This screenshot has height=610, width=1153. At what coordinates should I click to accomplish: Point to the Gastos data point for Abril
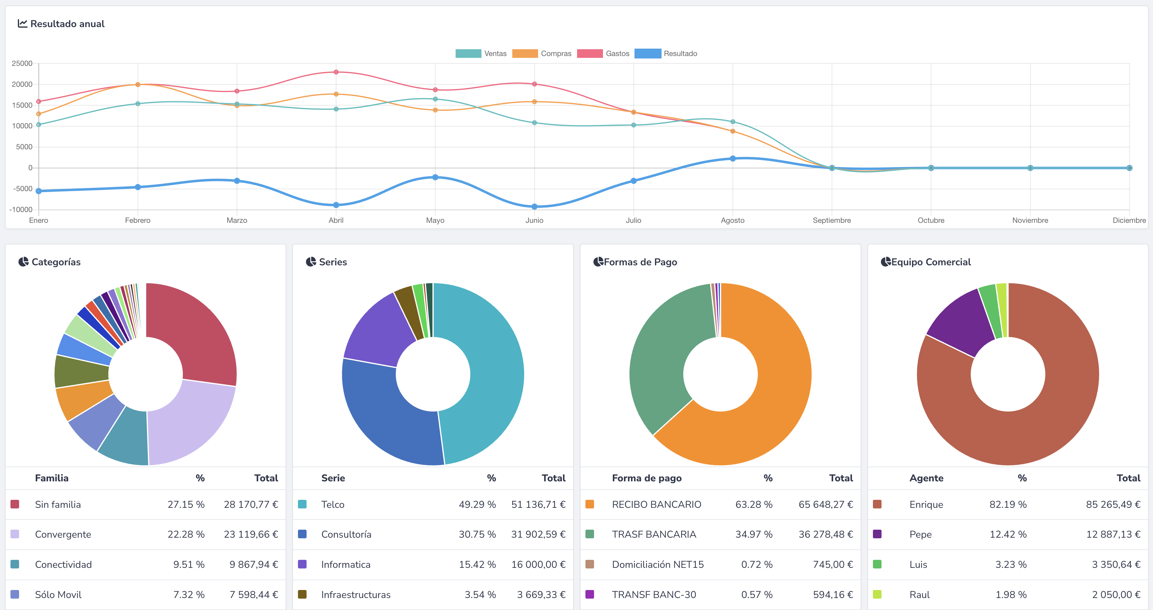point(336,72)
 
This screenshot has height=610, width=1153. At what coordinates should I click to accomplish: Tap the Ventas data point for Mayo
point(435,99)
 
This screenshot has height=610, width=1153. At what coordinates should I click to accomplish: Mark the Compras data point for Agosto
point(733,131)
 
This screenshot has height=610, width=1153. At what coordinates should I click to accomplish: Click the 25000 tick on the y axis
point(22,63)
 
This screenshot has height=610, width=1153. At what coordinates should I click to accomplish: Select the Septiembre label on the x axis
point(832,220)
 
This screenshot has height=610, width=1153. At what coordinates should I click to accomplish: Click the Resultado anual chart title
point(67,24)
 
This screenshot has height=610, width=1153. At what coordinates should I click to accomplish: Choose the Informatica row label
point(346,564)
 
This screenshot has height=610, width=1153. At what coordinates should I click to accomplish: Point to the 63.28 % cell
point(754,504)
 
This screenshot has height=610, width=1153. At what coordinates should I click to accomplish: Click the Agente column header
point(926,478)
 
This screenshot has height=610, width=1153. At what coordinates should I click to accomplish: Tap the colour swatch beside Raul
point(877,594)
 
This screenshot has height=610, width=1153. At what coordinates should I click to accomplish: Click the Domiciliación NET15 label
point(657,564)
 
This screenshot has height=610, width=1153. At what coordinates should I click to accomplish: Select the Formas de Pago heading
point(640,262)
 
